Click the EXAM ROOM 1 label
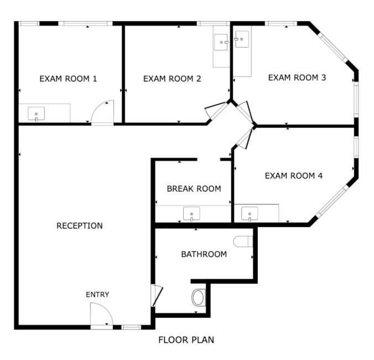coord(68,79)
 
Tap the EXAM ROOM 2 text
coord(172,79)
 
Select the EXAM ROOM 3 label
coord(297,78)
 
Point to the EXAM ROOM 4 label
coord(293,176)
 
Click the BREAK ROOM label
coord(194,188)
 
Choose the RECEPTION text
coord(79,225)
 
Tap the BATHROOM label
coord(204,254)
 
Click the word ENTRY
coord(97,295)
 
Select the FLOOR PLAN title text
coord(186,340)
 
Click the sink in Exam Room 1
coord(37,114)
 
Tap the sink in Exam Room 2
coord(222,42)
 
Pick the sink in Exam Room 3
coord(241,39)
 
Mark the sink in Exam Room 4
coord(250,213)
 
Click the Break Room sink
coord(191,213)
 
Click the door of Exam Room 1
coord(103,112)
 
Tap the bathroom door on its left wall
coord(157,296)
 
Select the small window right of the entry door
coord(131,327)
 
